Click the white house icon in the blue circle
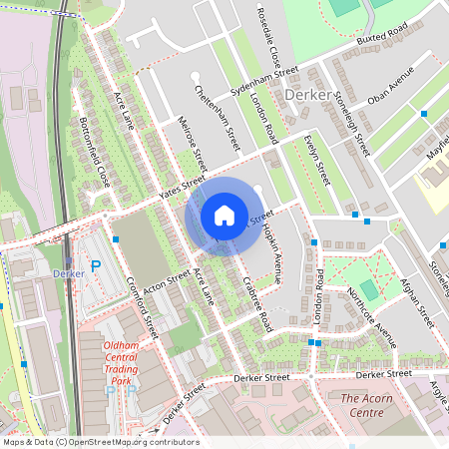(224, 216)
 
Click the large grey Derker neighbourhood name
(304, 95)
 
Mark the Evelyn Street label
(317, 158)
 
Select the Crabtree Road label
(256, 304)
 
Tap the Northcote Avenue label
(371, 317)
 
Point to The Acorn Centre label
(362, 404)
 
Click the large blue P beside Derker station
(95, 266)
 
